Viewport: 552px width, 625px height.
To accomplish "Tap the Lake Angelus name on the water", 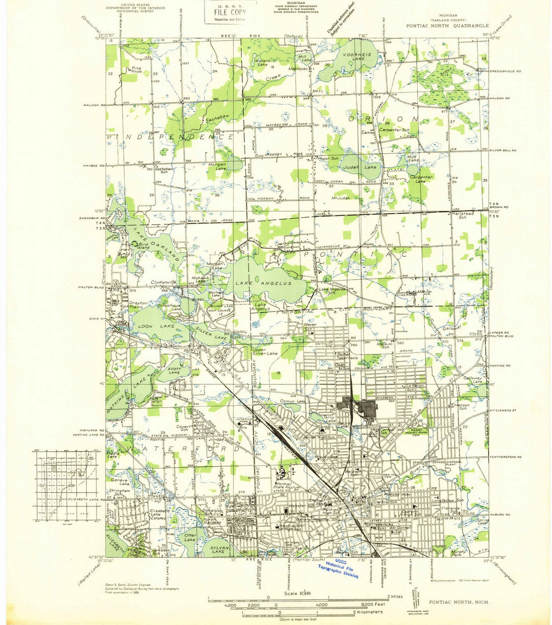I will [x=264, y=283].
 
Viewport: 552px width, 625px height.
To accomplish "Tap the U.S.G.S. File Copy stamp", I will [x=225, y=12].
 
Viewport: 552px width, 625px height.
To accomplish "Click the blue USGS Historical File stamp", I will [x=338, y=567].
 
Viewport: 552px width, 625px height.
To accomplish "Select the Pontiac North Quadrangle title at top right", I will [x=447, y=26].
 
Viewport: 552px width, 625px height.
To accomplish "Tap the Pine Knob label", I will [x=136, y=70].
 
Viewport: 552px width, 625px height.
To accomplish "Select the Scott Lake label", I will [x=175, y=371].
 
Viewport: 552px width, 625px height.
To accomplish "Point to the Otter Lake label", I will [x=189, y=538].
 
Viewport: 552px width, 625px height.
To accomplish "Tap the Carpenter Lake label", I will [x=421, y=179].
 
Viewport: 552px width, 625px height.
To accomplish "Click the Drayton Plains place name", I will [x=138, y=306].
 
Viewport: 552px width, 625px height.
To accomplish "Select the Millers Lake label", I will [x=261, y=63].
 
